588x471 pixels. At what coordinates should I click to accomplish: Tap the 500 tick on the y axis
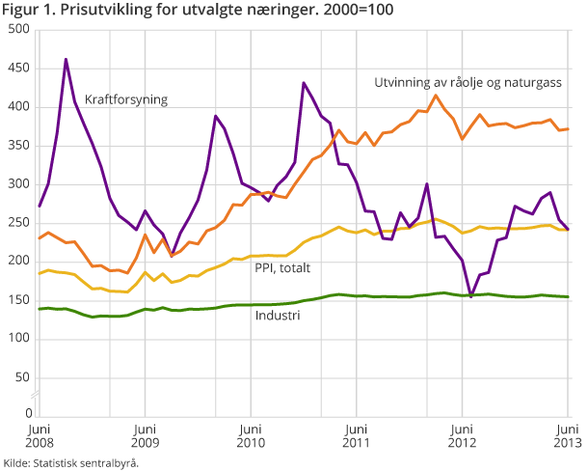tap(16, 30)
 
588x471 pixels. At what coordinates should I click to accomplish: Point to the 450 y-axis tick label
tap(16, 69)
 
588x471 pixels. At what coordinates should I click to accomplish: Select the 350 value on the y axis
tap(16, 146)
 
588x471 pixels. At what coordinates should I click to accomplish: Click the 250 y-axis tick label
tap(16, 223)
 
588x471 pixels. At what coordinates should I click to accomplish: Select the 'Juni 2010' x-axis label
tap(250, 435)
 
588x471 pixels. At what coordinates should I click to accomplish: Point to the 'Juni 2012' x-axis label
tap(463, 435)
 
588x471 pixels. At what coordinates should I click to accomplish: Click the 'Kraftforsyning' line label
tap(126, 99)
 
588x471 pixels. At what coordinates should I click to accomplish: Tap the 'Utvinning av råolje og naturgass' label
tap(468, 83)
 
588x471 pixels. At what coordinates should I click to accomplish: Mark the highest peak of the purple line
tap(66, 59)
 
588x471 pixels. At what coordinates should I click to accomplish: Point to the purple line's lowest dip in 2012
tap(471, 296)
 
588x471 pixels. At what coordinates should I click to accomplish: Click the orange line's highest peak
tap(437, 95)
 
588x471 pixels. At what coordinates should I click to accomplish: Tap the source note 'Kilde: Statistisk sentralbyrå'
tap(71, 462)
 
